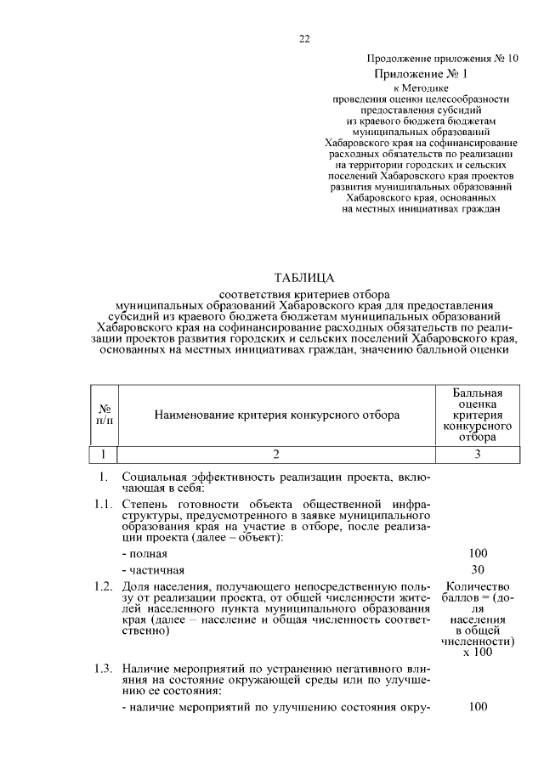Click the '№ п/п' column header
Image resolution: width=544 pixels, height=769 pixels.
coord(105,415)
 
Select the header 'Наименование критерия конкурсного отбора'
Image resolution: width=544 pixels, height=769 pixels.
coord(276,416)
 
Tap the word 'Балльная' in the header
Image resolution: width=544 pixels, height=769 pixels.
coord(477,393)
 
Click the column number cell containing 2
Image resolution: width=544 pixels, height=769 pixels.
coord(276,454)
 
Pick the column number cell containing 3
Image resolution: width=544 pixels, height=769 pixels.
coord(477,454)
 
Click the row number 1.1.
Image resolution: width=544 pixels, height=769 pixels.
coord(105,504)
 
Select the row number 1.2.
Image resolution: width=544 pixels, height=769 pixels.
coord(105,587)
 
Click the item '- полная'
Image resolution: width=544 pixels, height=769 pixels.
coord(143,553)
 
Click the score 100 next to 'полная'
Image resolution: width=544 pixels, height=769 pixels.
coord(477,553)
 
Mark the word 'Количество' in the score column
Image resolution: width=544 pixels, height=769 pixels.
coord(477,587)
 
